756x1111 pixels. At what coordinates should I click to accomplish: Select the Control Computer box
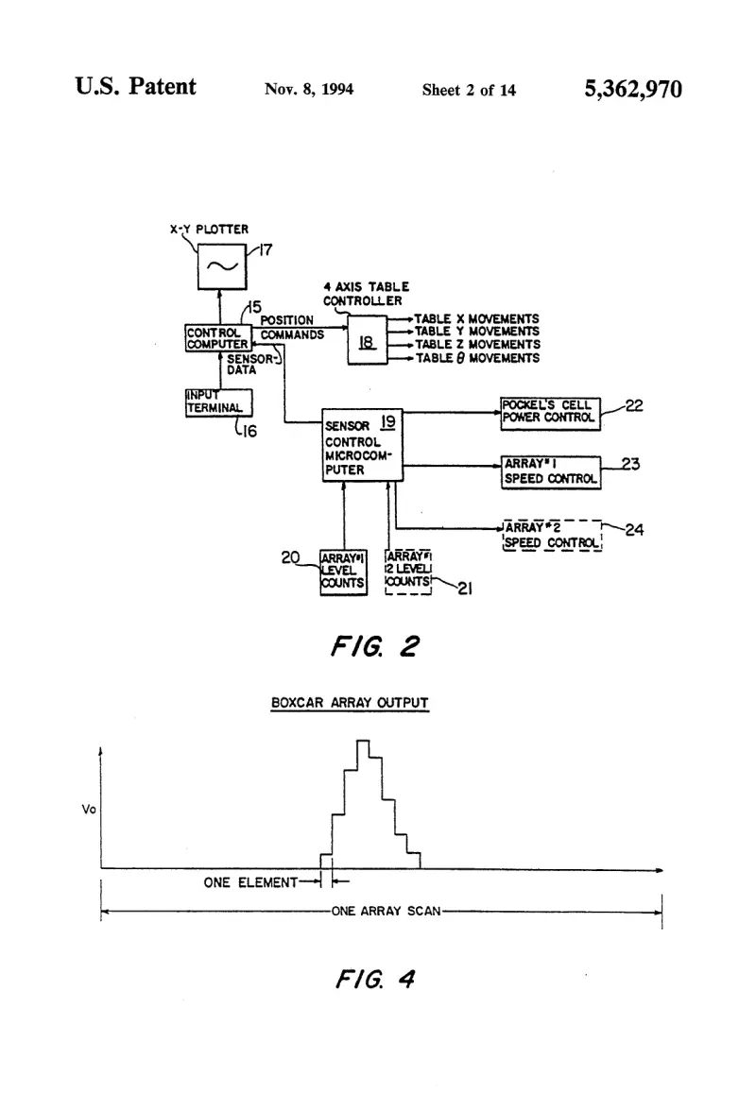(x=217, y=338)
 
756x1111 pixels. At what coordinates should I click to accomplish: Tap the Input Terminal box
(x=218, y=402)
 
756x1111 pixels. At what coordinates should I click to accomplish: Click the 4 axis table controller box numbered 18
(x=367, y=341)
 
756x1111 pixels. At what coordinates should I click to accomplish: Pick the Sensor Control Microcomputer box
(x=362, y=445)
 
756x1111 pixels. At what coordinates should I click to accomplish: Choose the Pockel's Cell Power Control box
(x=551, y=414)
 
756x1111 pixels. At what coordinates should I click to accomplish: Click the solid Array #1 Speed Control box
(x=551, y=472)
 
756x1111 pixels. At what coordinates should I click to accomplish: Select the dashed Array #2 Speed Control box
(x=552, y=536)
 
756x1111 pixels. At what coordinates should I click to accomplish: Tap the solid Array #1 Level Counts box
(x=344, y=572)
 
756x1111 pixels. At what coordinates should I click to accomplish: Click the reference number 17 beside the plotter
(x=265, y=250)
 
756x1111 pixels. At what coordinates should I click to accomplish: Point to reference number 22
(x=634, y=405)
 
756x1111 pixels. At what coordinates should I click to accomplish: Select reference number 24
(x=634, y=529)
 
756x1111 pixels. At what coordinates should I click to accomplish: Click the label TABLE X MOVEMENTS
(x=477, y=319)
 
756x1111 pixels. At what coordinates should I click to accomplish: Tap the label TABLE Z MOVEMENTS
(x=477, y=344)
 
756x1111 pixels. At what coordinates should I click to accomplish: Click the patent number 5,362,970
(x=633, y=89)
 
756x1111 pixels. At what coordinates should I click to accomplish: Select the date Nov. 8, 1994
(x=309, y=89)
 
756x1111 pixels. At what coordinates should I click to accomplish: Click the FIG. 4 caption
(x=375, y=979)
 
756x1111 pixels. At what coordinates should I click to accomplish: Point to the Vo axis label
(x=89, y=809)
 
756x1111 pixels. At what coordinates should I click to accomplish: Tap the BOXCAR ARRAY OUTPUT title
(x=350, y=703)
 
